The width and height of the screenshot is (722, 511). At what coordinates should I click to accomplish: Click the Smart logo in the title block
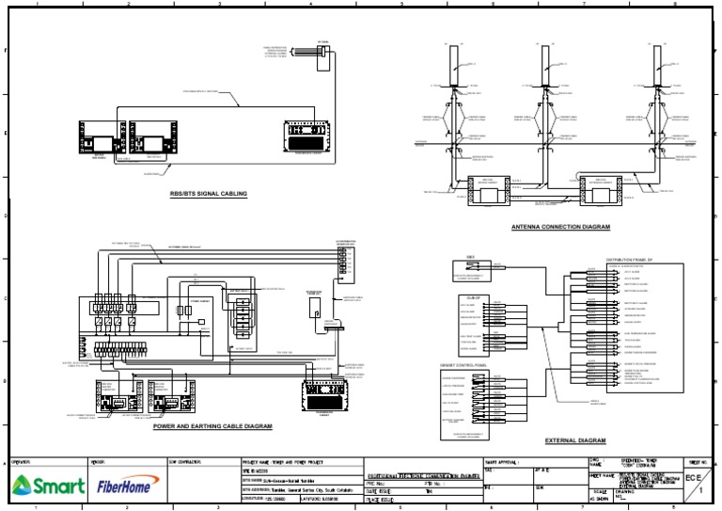(47, 486)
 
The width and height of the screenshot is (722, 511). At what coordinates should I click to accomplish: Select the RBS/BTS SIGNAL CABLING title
(208, 194)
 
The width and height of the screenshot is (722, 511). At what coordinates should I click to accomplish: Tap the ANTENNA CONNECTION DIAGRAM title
(560, 228)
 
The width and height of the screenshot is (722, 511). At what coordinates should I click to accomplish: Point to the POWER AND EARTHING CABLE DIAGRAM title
(212, 426)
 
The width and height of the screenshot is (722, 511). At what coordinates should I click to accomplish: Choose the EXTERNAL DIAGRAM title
(575, 440)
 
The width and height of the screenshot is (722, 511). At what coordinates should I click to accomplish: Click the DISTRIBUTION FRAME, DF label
(632, 257)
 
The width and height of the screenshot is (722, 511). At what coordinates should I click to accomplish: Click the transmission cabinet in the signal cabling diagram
(310, 137)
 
